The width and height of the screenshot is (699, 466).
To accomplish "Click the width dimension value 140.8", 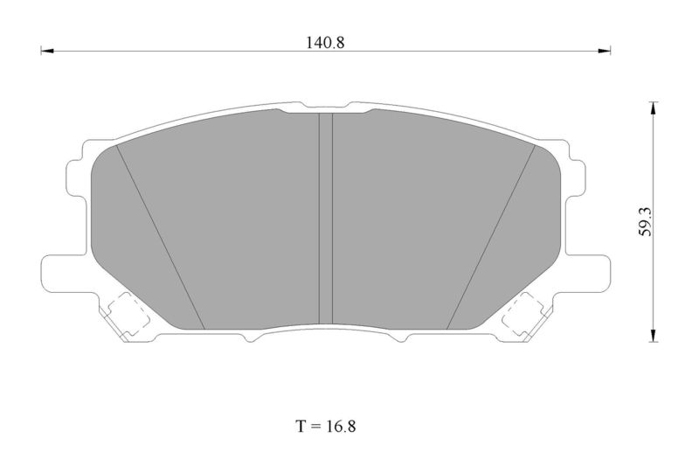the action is [325, 43].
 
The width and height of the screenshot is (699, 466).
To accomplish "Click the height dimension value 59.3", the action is [646, 221].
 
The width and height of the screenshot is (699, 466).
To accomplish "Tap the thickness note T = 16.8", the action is [326, 427].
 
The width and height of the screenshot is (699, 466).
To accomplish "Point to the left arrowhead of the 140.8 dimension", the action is [47, 51].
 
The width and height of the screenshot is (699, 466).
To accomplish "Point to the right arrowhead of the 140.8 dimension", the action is [604, 51].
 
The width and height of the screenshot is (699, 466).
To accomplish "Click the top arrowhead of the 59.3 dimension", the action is [653, 108].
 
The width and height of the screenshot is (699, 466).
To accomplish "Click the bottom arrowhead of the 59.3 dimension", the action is [653, 336].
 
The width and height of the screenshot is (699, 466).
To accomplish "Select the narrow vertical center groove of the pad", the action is [326, 219].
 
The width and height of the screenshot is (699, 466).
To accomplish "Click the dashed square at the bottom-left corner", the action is [128, 315].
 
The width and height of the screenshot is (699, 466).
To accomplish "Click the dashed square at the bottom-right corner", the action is [523, 315].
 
